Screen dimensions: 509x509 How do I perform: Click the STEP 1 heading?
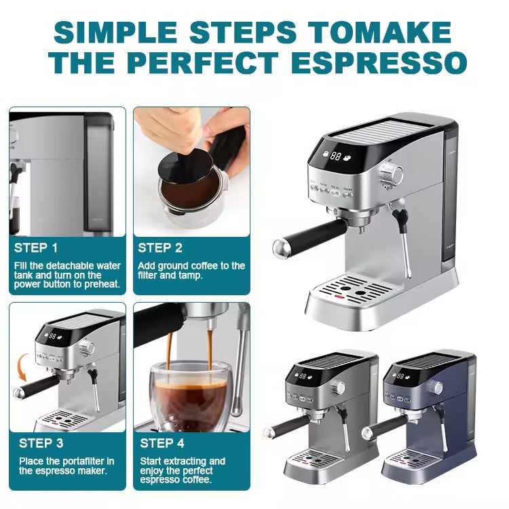pos(37,248)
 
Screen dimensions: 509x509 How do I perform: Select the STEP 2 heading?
pos(161,248)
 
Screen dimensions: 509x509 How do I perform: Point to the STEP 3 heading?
pos(41,443)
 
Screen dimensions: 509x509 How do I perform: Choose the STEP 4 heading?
pos(162,443)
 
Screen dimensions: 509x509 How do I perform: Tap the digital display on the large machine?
pos(335,155)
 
